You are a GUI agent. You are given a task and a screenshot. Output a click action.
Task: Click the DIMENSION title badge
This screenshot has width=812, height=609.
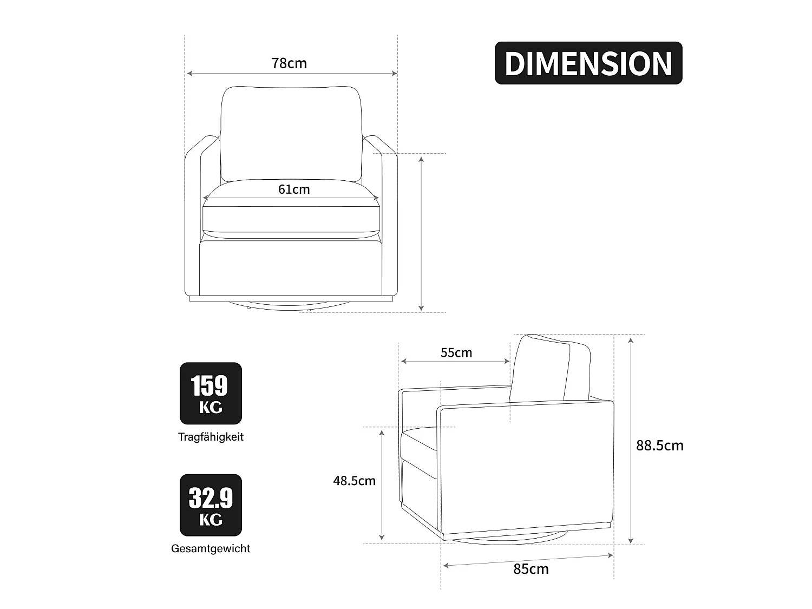click(588, 63)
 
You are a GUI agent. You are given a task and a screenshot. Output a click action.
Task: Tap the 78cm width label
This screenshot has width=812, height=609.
click(289, 63)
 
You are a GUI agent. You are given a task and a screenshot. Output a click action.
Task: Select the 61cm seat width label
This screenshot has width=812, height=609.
click(294, 189)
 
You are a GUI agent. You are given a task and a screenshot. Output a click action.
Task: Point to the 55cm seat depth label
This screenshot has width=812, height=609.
click(456, 353)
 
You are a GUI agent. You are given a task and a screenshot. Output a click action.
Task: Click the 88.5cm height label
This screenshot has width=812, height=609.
click(659, 446)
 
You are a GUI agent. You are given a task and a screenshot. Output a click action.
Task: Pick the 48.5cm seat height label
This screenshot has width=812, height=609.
click(354, 481)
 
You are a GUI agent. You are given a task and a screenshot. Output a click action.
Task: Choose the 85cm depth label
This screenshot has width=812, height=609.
click(531, 569)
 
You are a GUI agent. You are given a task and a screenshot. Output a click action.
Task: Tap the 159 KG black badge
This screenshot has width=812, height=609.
click(211, 393)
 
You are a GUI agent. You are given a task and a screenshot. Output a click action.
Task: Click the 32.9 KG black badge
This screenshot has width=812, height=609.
click(211, 505)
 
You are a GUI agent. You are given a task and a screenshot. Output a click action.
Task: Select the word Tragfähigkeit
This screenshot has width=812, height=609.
click(211, 437)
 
